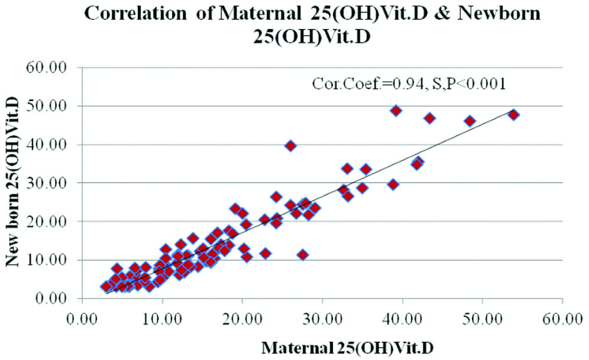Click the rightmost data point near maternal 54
[x=514, y=115]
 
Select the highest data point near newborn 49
[x=396, y=111]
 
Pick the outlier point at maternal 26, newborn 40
[x=290, y=145]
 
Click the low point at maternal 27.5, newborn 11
[x=303, y=255]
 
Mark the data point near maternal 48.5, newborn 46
[x=470, y=121]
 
